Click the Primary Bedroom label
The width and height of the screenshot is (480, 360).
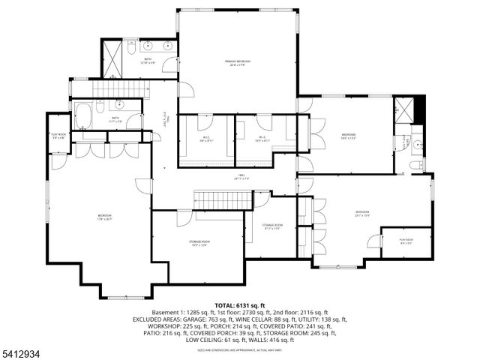click(238, 62)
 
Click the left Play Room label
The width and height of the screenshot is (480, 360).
click(58, 137)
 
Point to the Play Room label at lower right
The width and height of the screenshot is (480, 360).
click(406, 241)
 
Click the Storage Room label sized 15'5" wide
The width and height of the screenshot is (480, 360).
click(199, 243)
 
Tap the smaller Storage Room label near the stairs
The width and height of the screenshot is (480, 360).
click(271, 226)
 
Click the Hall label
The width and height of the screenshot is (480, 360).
click(239, 178)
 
